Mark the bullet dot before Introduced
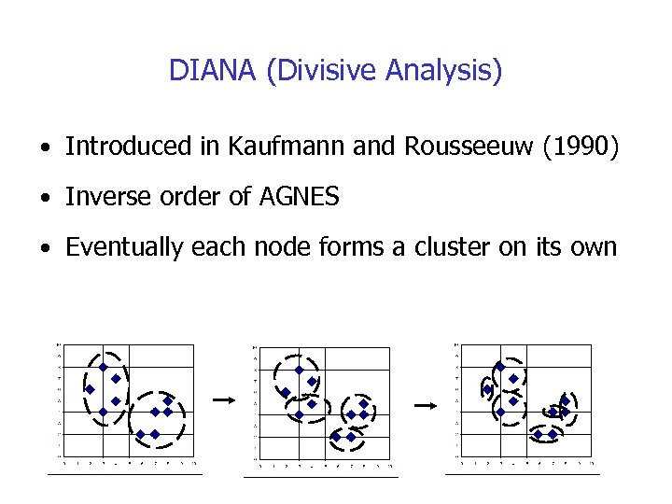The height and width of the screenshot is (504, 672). click(44, 148)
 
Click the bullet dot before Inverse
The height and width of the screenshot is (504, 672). click(44, 199)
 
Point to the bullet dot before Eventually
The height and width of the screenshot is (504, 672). click(44, 249)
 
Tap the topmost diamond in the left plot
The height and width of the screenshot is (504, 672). click(103, 367)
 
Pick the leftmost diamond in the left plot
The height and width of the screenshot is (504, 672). click(91, 389)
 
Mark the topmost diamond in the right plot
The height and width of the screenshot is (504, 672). click(500, 367)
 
